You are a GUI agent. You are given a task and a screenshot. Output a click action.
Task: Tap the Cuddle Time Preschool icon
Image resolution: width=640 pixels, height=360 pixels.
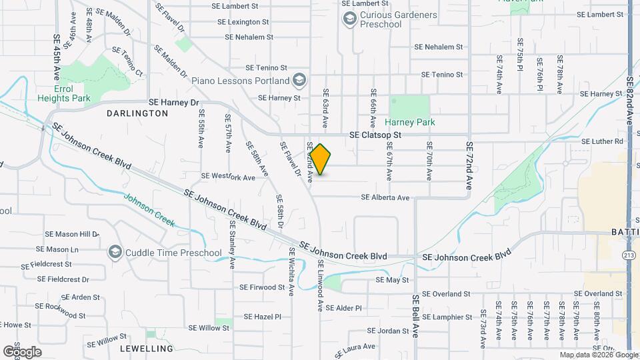click(x=115, y=253)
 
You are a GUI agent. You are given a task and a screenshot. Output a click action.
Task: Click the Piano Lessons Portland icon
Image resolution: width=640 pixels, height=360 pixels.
click(x=299, y=81)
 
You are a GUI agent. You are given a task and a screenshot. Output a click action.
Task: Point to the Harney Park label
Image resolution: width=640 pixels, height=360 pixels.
click(x=410, y=122)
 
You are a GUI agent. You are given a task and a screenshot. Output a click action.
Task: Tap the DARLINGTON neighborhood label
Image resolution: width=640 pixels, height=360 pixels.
click(x=137, y=114)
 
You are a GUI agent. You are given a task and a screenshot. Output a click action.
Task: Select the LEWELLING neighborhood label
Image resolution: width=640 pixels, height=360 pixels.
click(x=146, y=348)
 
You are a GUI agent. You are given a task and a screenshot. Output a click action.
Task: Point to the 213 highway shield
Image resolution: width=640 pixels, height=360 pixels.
click(x=629, y=255)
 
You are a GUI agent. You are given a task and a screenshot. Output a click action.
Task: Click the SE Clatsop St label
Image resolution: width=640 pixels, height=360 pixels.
click(x=375, y=135)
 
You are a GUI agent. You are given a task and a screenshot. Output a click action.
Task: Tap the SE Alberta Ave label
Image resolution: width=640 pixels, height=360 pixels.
click(x=385, y=197)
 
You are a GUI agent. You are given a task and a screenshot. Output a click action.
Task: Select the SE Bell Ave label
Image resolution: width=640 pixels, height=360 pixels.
click(x=415, y=316)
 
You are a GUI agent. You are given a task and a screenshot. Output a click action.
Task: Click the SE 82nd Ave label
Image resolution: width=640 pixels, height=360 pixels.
click(x=630, y=100)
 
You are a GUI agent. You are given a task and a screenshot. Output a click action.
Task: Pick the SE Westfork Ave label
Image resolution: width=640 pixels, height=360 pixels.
click(x=228, y=177)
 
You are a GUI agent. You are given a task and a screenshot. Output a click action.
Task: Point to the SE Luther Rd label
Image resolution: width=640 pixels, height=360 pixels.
click(x=602, y=141)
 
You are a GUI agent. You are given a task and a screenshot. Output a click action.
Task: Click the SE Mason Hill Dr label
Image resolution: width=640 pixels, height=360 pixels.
click(x=72, y=234)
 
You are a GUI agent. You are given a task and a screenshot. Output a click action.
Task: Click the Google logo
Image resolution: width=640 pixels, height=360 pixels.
click(x=22, y=351)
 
